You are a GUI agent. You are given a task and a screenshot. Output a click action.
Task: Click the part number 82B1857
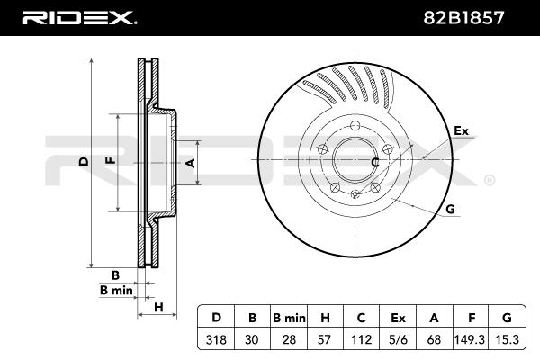[463, 18]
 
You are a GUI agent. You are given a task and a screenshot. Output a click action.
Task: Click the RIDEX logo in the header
[79, 18]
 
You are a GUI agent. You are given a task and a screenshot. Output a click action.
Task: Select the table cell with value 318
[216, 339]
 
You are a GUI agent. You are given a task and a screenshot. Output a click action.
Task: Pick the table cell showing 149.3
[470, 339]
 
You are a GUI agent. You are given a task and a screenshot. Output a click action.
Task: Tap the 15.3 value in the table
[507, 339]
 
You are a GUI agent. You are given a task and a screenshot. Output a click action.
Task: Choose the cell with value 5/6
[398, 339]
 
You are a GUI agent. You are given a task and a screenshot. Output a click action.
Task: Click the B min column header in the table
[289, 318]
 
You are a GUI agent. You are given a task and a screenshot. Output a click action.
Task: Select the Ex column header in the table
[398, 318]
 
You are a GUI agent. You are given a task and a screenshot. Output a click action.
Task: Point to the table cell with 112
[361, 339]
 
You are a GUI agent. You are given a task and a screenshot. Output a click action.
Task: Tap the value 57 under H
[325, 339]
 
